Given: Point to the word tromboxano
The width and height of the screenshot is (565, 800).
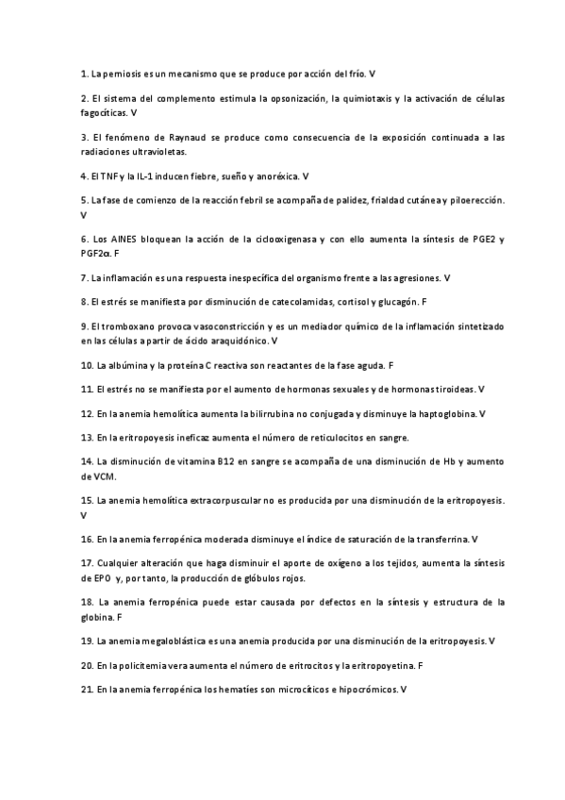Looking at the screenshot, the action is (x=128, y=326).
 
